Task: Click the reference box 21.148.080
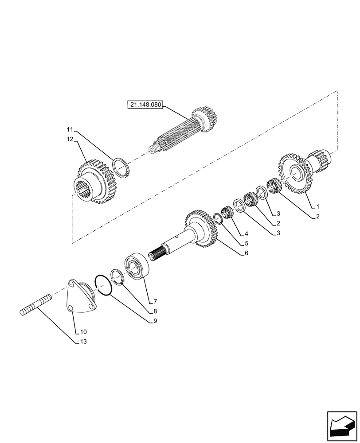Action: (145, 105)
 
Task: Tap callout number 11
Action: (70, 130)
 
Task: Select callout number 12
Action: (70, 140)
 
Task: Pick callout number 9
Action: (155, 321)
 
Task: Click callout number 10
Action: (83, 332)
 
